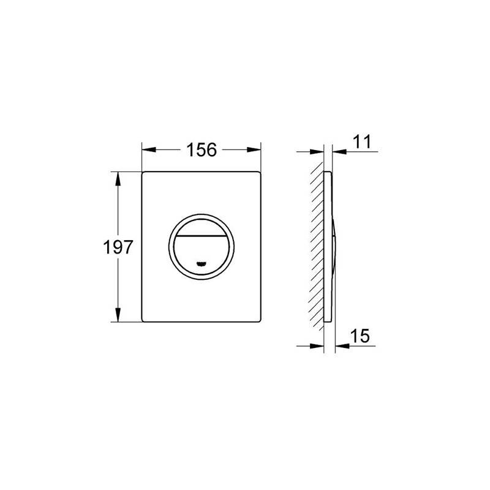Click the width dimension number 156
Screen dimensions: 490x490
[202, 149]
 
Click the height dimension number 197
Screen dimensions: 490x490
[118, 247]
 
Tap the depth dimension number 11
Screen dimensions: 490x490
[362, 142]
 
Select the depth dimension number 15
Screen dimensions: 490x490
[360, 336]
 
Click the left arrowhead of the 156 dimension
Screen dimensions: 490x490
[149, 149]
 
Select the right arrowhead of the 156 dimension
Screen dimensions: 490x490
[254, 149]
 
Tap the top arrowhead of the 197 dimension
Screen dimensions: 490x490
[118, 178]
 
